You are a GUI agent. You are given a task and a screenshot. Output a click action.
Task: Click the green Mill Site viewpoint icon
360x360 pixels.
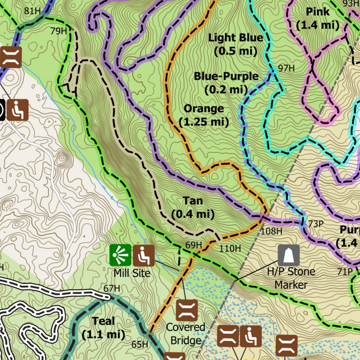pos(120,255)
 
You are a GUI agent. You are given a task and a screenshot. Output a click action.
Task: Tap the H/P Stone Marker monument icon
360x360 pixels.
pos(289,255)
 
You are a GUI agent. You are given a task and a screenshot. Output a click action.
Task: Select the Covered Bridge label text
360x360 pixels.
pos(185,333)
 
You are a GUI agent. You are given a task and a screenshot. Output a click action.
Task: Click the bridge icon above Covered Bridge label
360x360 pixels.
pos(187,310)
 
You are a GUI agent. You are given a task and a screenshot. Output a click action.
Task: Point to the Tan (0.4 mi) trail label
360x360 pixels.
pos(193,207)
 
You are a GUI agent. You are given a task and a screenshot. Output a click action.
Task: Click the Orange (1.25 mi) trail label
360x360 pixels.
pos(204,115)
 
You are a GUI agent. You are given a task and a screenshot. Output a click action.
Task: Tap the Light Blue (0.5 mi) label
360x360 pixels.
pos(235,44)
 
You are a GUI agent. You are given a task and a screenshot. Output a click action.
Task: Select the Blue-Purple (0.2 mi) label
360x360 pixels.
pos(226,83)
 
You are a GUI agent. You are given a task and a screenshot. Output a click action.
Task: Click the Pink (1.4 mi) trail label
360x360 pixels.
pos(317,18)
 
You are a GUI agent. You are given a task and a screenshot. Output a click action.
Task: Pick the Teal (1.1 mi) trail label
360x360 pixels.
pos(103,327)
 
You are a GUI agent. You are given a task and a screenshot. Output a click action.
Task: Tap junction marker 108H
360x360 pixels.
pos(271,231)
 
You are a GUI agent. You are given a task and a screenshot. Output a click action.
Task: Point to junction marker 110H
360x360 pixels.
pos(230,249)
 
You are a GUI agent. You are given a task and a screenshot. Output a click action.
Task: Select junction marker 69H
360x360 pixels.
pos(193,245)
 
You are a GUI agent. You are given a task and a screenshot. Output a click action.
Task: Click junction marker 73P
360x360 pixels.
pos(316,224)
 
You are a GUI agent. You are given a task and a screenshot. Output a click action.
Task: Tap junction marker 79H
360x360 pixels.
pos(58,31)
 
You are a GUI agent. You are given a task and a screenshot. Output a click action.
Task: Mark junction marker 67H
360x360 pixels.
pos(112,289)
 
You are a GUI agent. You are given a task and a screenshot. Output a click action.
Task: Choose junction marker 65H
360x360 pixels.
pos(140,345)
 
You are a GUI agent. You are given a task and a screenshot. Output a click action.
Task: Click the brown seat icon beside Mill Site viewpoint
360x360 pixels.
pos(143,255)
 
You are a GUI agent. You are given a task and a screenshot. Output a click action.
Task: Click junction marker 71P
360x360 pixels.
pos(345,271)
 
